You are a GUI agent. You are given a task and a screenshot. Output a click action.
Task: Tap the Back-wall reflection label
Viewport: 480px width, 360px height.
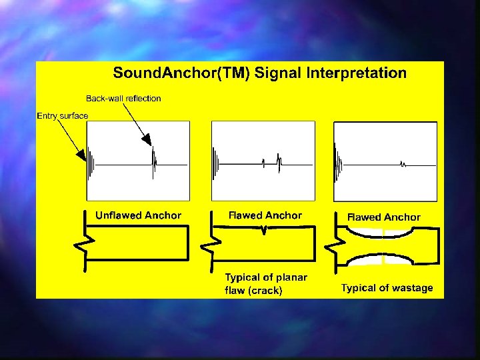123,98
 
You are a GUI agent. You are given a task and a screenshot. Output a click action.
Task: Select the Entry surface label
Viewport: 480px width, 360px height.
62,116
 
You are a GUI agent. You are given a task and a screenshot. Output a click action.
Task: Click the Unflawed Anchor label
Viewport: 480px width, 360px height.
138,215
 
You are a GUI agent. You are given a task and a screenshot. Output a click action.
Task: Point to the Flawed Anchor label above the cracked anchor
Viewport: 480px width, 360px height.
265,215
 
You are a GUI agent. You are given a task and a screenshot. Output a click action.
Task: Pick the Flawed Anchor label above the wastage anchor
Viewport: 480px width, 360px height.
384,217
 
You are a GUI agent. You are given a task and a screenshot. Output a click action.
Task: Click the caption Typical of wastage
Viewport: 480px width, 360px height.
387,288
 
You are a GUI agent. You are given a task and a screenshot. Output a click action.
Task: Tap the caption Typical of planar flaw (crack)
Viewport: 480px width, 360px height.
266,284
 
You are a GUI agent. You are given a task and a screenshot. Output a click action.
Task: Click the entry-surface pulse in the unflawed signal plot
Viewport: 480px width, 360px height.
90,164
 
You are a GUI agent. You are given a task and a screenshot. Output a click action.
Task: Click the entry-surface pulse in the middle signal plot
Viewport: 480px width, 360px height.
215,164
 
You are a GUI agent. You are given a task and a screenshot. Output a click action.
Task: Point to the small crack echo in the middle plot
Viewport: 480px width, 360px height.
264,163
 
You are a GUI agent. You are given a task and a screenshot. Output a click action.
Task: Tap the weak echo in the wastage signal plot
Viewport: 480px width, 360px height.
403,163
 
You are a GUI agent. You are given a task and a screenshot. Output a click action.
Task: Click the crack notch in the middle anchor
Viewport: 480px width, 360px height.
265,230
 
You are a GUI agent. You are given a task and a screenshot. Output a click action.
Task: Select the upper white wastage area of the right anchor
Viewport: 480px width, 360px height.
383,233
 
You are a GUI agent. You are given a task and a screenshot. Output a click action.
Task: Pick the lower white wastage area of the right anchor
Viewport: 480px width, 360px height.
383,259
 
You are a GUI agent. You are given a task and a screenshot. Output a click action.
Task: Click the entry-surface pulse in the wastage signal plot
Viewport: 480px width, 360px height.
339,163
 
